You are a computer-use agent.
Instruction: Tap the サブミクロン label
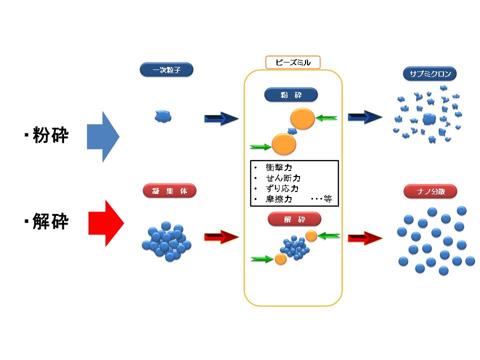(429, 74)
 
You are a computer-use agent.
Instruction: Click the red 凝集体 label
(169, 191)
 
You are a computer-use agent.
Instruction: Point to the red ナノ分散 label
(430, 191)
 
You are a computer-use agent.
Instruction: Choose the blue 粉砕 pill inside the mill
(291, 95)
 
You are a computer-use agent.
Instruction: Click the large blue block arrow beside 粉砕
(103, 136)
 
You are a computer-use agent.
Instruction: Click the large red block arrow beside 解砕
(105, 223)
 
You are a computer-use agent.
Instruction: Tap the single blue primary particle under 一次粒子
(163, 116)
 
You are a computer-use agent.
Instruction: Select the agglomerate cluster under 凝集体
(166, 241)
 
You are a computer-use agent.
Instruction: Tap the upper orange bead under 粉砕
(302, 119)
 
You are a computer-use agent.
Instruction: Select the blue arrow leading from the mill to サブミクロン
(365, 117)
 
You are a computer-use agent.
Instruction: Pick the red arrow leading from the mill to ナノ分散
(365, 238)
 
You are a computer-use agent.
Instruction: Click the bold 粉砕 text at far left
(50, 135)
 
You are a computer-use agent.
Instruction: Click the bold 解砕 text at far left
(50, 222)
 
